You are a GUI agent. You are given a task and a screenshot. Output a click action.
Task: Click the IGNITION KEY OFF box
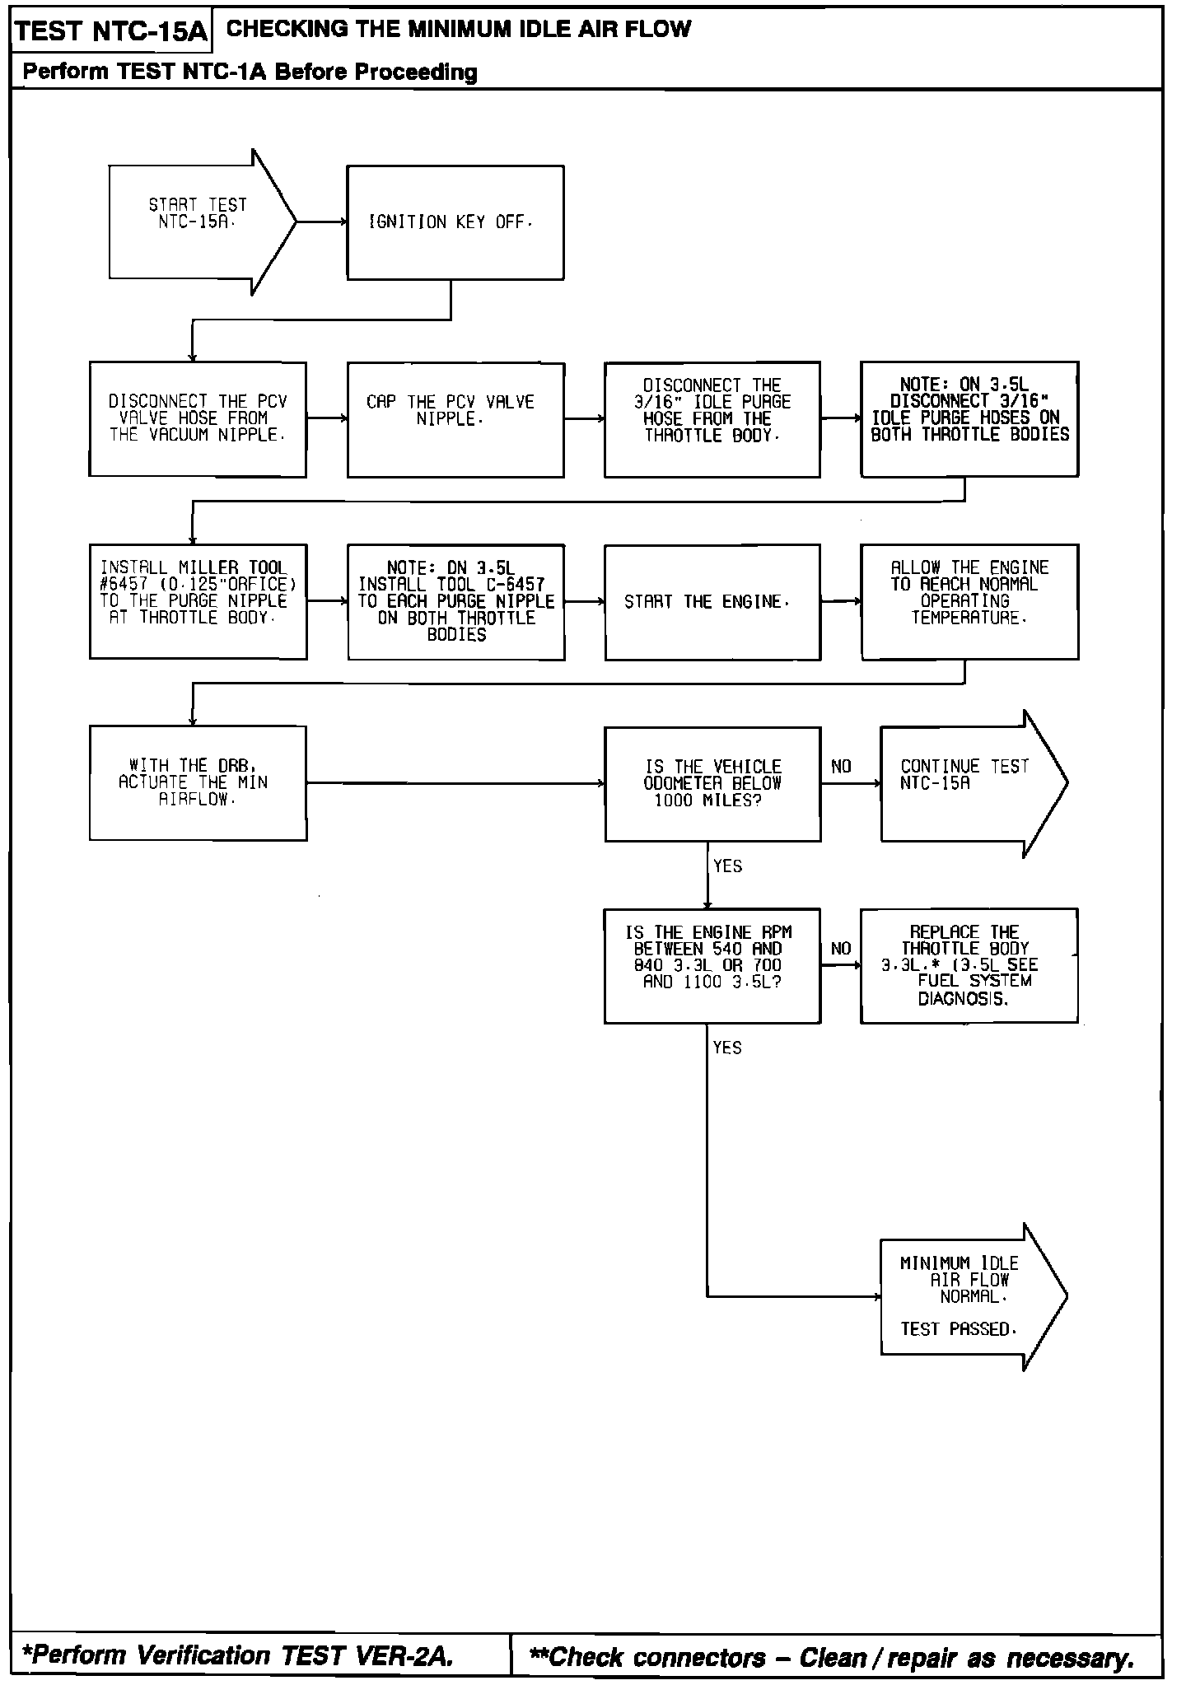pos(455,222)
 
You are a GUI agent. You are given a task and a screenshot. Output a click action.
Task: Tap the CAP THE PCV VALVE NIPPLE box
pos(455,419)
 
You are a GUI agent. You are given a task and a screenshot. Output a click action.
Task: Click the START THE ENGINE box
pos(712,602)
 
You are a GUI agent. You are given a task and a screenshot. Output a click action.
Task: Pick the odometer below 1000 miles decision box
pos(712,783)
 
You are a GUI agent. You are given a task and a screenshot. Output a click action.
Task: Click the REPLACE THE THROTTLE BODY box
pos(969,965)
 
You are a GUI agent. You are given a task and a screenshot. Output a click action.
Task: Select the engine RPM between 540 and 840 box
pos(712,965)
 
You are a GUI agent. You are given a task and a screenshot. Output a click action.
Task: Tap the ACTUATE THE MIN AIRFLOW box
pos(198,783)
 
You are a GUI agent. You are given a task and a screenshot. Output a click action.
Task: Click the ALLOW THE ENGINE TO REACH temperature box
pos(969,601)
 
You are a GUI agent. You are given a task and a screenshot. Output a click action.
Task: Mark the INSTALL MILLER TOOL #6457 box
pos(198,601)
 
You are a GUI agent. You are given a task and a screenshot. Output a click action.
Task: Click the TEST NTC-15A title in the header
pos(111,31)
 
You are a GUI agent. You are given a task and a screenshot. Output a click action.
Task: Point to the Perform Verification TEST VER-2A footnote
pos(239,1655)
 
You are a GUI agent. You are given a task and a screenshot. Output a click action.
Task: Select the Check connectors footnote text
pos(832,1656)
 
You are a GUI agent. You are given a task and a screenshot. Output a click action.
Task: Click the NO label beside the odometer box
pos(841,767)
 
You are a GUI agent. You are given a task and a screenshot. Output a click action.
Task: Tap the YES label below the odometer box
pos(727,866)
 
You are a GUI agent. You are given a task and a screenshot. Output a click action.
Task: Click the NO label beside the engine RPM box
pos(841,949)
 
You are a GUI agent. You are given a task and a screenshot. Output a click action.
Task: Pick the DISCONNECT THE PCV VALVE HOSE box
pos(198,419)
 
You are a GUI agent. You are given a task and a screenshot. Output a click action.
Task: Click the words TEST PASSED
pos(958,1328)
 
